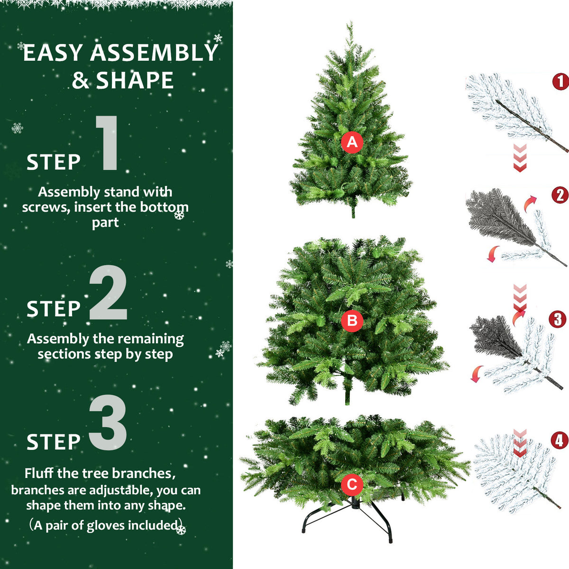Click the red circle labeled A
click(352, 142)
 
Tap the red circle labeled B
click(352, 321)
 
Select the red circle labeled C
click(352, 485)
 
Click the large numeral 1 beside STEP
click(108, 143)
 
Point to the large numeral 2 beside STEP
click(108, 293)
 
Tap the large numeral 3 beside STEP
click(108, 423)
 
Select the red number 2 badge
click(560, 195)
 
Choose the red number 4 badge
click(560, 441)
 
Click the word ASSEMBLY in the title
click(154, 53)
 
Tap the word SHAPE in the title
click(135, 81)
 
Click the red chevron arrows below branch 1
click(520, 158)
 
